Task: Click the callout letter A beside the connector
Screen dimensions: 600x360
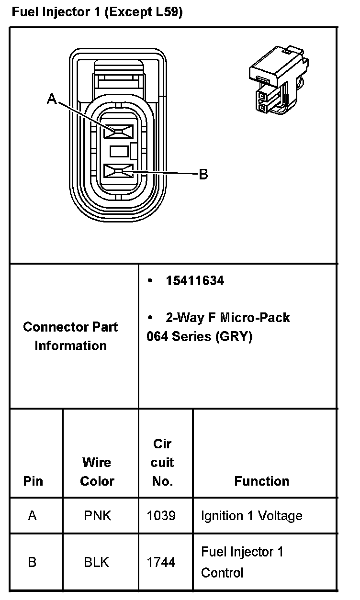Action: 52,99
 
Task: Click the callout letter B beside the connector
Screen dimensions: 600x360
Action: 203,175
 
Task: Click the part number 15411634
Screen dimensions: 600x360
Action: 195,281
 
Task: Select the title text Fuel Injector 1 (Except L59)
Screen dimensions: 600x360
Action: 97,12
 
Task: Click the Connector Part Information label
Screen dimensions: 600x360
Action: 70,336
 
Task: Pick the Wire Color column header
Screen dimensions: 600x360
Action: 97,472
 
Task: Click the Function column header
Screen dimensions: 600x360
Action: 261,481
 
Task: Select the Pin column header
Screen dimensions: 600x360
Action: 33,481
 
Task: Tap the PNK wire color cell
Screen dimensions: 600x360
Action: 97,516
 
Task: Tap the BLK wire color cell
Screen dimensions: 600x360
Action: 97,562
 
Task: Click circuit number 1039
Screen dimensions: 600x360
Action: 161,516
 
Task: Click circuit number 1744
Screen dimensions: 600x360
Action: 161,562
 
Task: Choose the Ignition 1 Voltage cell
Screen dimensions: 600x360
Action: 251,516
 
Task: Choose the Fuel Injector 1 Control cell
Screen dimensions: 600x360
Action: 242,562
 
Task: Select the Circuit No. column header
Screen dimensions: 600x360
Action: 163,463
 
